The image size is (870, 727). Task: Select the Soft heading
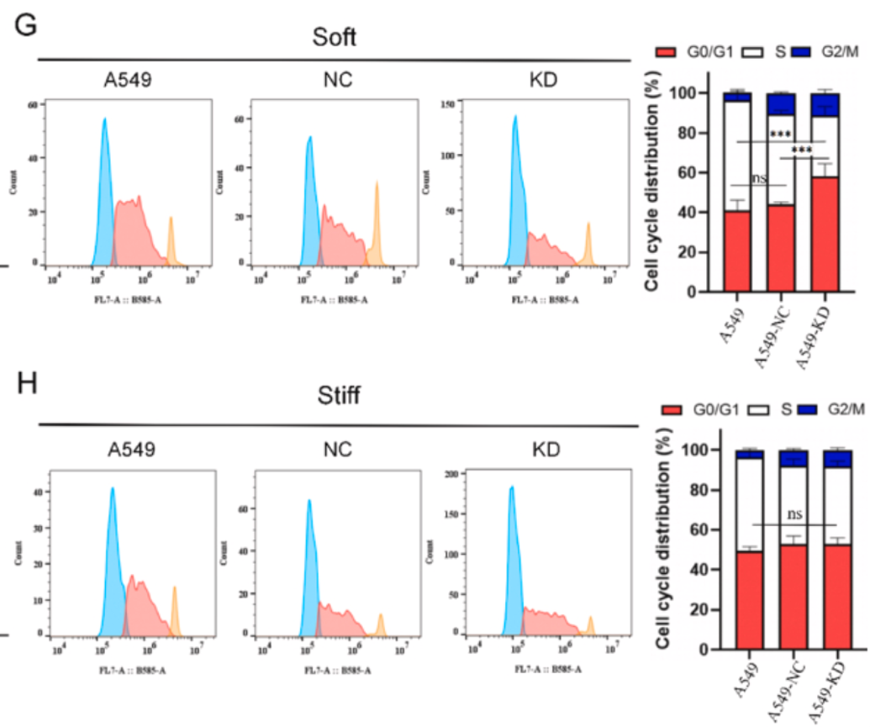(334, 39)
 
